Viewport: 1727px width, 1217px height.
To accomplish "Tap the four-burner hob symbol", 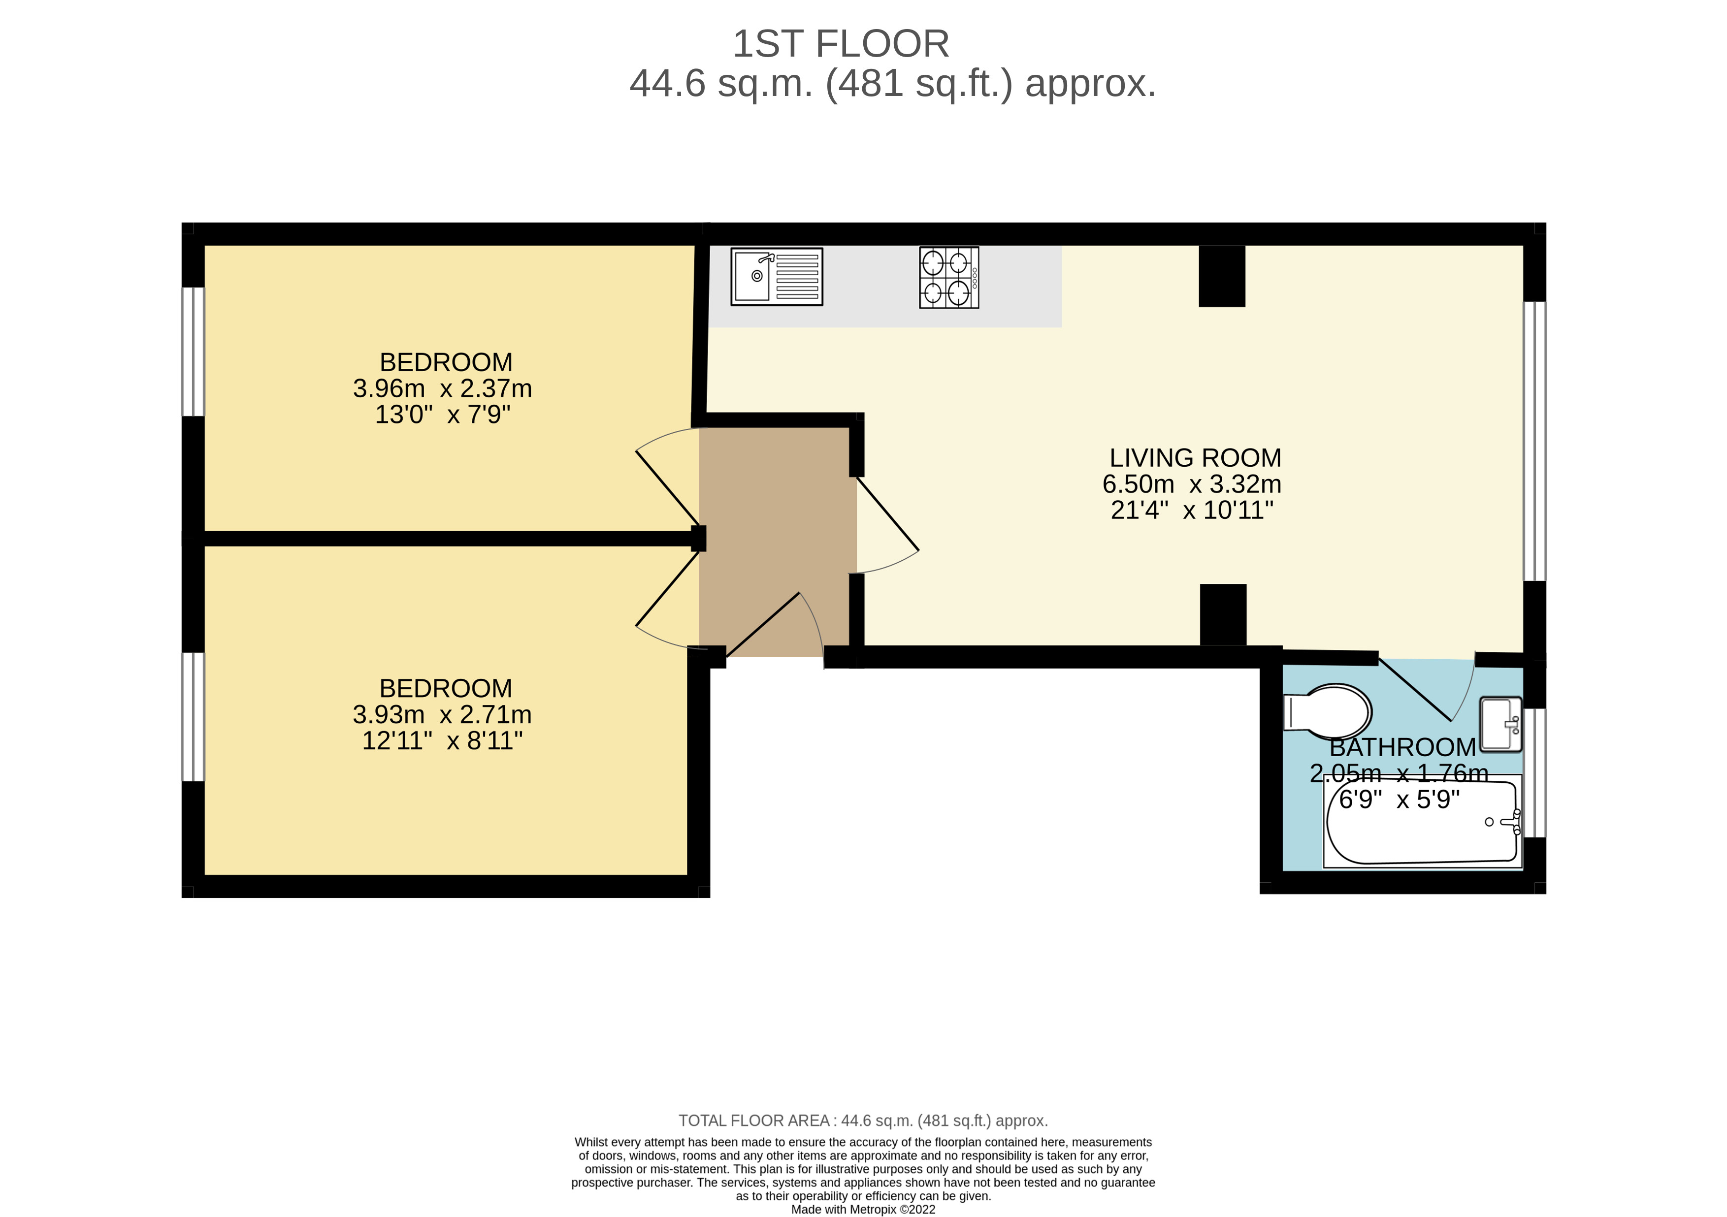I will click(948, 277).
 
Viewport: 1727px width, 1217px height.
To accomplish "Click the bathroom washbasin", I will click(1500, 724).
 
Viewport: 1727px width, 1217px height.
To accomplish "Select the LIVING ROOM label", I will click(1195, 457).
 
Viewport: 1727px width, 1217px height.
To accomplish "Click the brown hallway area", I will click(775, 526).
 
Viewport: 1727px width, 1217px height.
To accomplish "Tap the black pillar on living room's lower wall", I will click(1222, 614).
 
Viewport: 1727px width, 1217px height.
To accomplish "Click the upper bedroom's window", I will click(194, 351).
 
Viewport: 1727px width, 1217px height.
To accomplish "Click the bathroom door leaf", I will click(1414, 689).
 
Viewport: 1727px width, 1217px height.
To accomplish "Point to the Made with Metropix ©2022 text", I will click(863, 1210).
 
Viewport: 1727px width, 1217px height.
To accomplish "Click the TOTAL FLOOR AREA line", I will click(863, 1120).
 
